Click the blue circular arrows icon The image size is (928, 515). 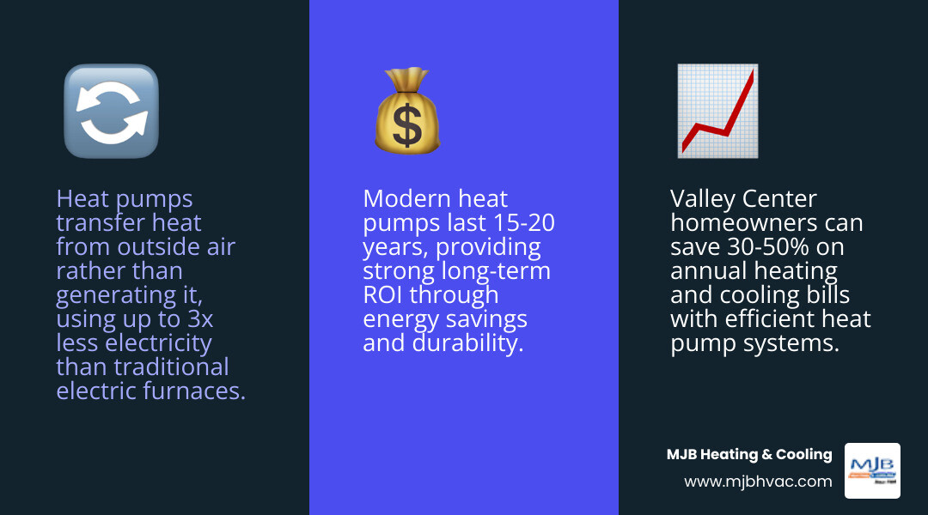click(x=111, y=112)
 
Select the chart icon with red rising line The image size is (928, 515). click(x=717, y=112)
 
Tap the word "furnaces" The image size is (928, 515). click(x=202, y=391)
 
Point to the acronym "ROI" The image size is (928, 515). click(x=383, y=295)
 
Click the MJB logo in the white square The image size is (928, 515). click(x=872, y=470)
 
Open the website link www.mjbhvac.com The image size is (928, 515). click(x=758, y=482)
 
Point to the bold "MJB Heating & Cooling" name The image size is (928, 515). click(x=749, y=455)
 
